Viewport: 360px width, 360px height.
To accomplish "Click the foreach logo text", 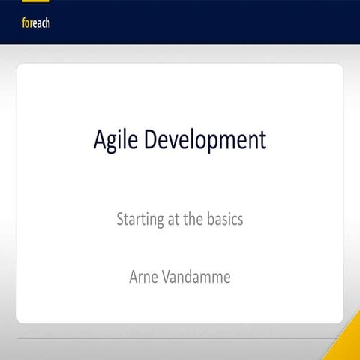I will [x=36, y=23].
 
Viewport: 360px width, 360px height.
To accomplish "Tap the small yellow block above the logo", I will [x=30, y=2].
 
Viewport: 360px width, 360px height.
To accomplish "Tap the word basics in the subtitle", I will [x=223, y=220].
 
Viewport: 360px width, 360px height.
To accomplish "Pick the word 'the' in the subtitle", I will [x=191, y=220].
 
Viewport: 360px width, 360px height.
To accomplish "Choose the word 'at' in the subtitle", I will [x=175, y=220].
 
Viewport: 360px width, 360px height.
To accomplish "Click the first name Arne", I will [x=145, y=277].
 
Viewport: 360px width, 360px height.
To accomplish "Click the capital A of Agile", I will [x=100, y=139].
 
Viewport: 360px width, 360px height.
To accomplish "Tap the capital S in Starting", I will [x=121, y=220].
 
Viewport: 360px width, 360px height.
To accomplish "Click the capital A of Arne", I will [x=134, y=277].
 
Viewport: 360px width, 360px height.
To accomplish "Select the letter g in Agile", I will [x=114, y=142].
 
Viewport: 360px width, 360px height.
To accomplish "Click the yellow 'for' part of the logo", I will [x=26, y=23].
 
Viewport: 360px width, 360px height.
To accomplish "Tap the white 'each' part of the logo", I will [x=40, y=23].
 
